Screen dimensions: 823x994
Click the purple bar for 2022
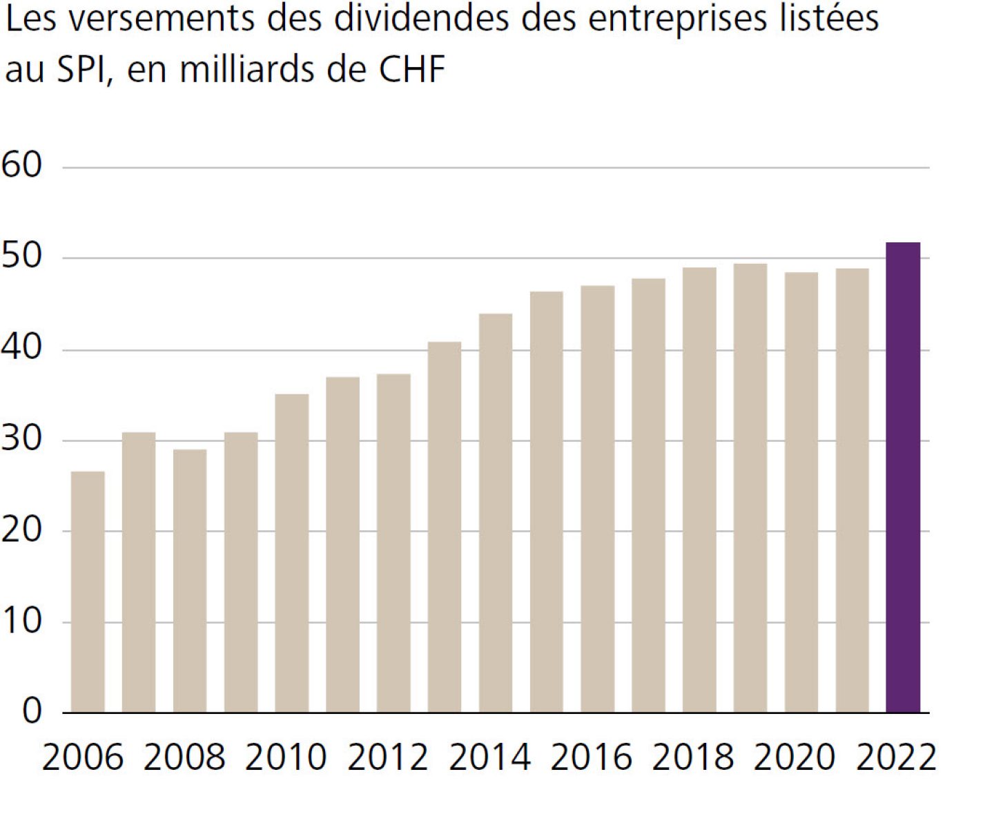(x=903, y=477)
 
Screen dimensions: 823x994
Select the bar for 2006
(x=88, y=592)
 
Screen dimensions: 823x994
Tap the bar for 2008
(x=190, y=581)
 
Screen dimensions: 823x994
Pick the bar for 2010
(x=291, y=553)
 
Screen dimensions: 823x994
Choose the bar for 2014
(x=496, y=513)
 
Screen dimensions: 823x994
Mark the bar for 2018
(x=699, y=490)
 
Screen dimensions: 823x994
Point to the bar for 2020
(x=801, y=492)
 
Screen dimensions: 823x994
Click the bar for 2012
(x=393, y=543)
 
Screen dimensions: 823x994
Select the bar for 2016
(x=597, y=498)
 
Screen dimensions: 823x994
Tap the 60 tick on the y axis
(x=22, y=166)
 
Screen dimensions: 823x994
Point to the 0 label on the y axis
(x=32, y=711)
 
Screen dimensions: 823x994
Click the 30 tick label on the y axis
(x=22, y=438)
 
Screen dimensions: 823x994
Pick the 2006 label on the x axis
(x=83, y=757)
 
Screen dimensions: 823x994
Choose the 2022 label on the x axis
(x=896, y=757)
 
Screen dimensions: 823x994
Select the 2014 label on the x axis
(x=490, y=757)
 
